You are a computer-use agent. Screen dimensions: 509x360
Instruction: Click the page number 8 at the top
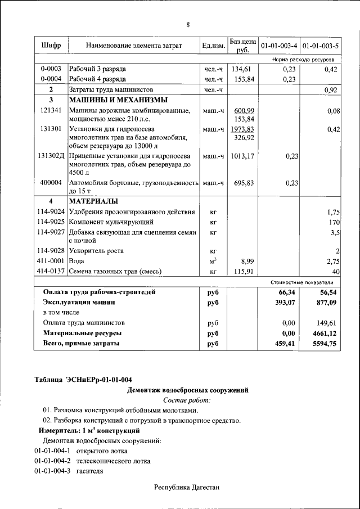[188, 24]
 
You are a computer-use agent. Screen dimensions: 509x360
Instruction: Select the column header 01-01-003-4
[279, 45]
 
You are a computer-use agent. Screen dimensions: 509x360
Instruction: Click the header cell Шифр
[51, 45]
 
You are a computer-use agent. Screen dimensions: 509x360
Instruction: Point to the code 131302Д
[51, 156]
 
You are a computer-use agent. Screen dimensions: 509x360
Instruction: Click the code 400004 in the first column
[51, 183]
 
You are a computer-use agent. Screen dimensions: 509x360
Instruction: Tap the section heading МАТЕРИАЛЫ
[93, 201]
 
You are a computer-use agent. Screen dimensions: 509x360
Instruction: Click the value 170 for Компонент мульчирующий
[335, 222]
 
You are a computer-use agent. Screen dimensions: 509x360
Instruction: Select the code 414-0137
[51, 272]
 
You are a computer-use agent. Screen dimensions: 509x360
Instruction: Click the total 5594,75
[325, 343]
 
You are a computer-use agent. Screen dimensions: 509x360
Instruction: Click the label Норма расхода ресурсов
[303, 58]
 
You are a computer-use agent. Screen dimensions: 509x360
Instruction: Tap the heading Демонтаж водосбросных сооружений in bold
[187, 390]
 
